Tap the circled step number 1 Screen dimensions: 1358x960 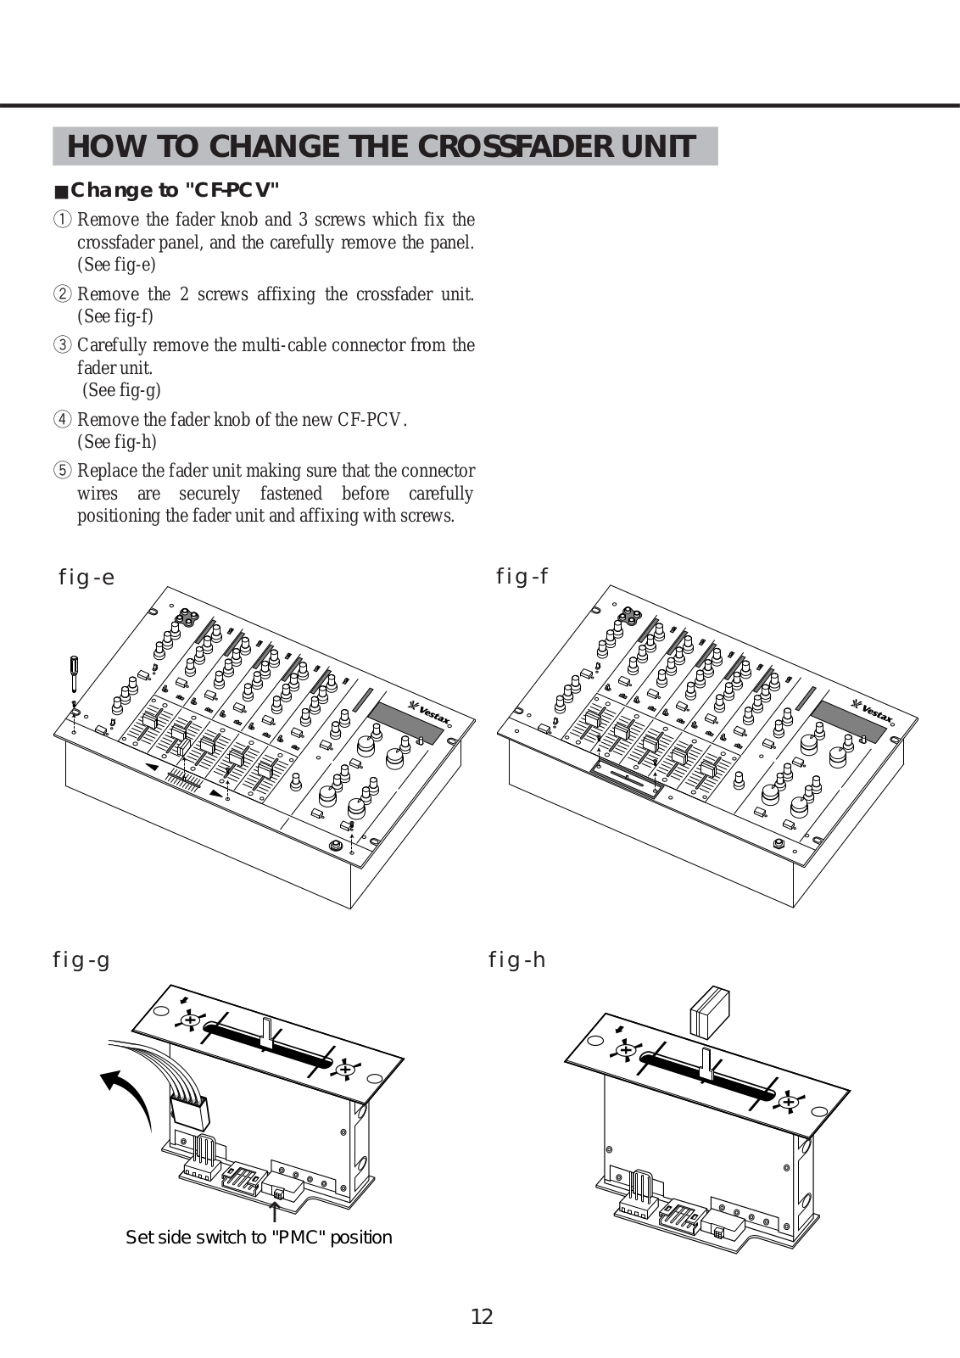(63, 220)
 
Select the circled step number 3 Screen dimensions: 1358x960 (63, 345)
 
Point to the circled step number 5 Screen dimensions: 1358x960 (63, 471)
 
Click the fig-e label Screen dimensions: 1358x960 (86, 578)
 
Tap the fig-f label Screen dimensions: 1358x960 (522, 577)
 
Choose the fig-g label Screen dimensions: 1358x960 (81, 960)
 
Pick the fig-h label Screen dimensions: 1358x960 (516, 960)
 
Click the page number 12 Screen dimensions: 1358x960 (481, 1316)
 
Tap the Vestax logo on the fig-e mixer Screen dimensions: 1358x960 (431, 713)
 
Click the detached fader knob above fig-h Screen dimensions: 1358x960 (710, 1011)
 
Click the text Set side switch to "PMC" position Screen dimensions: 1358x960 (259, 1238)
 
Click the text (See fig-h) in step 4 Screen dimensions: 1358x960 (117, 442)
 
